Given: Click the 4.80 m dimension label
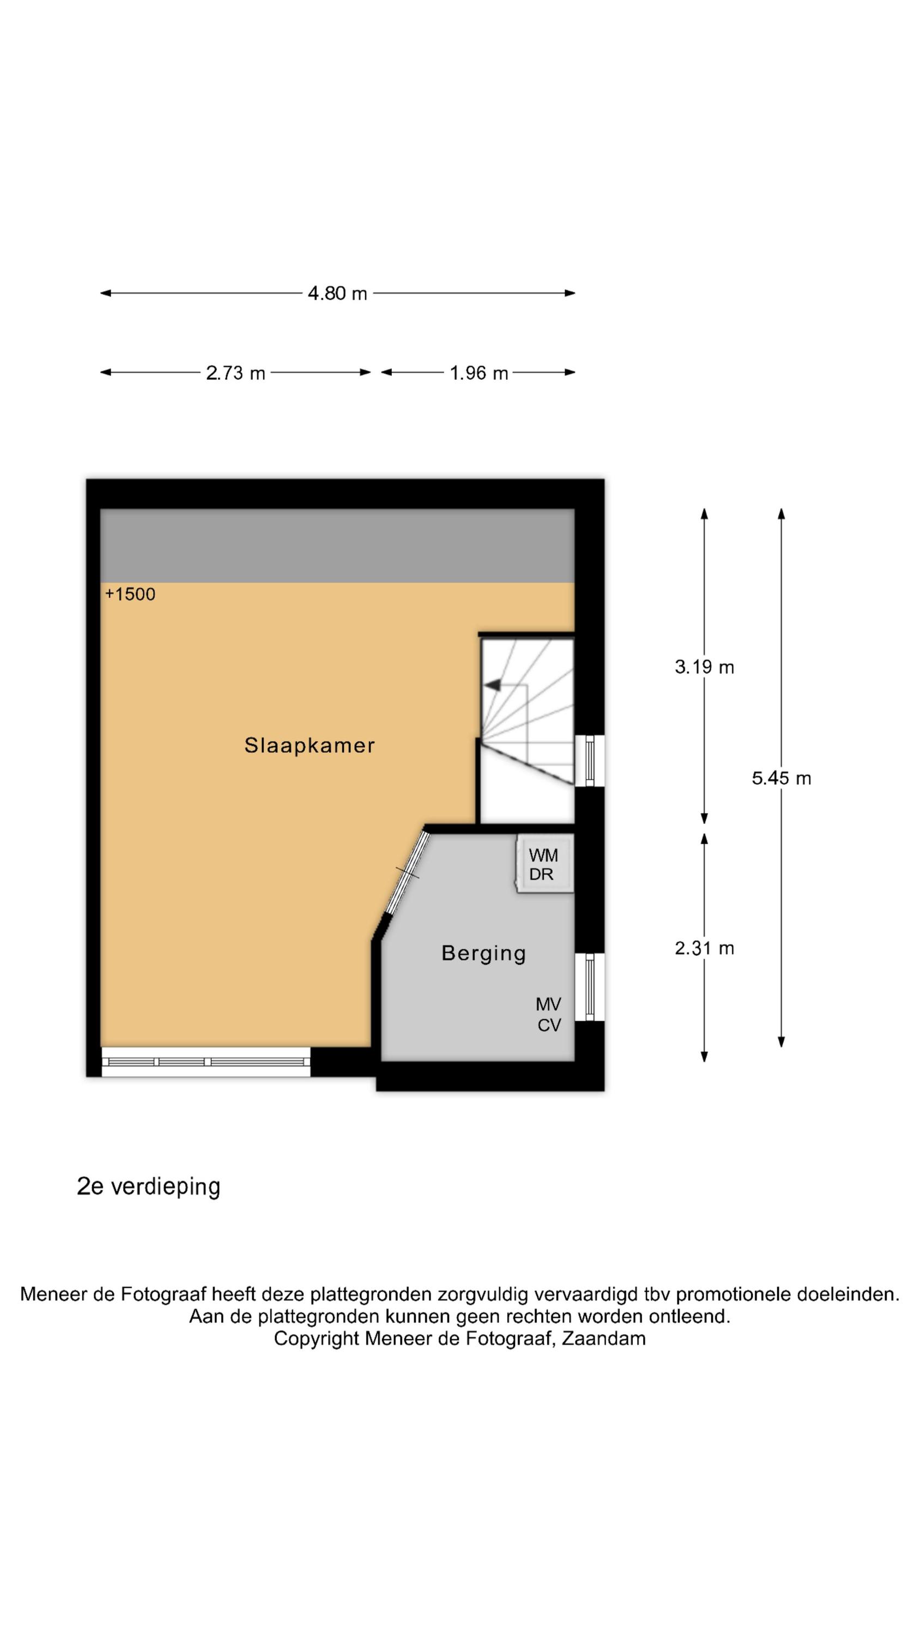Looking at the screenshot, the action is click(x=337, y=293).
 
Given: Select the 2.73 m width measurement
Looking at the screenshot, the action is click(x=235, y=373).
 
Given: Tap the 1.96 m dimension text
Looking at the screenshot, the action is click(x=479, y=373).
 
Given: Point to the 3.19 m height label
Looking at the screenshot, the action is click(x=704, y=667).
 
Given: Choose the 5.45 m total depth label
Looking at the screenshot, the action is click(x=782, y=778).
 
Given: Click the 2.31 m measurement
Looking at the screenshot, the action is click(x=704, y=948).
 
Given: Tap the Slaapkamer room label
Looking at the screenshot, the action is click(x=310, y=745).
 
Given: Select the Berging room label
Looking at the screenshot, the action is click(x=484, y=953).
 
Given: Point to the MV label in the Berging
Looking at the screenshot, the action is click(x=549, y=1004).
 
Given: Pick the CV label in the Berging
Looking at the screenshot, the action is click(x=549, y=1025).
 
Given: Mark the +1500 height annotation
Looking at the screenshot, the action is click(x=130, y=594).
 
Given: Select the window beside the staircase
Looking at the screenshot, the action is click(x=590, y=760).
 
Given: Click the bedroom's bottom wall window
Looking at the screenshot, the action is click(x=205, y=1062).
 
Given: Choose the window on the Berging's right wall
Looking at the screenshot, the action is click(x=590, y=987).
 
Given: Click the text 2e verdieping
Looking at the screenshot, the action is click(x=149, y=1186).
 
